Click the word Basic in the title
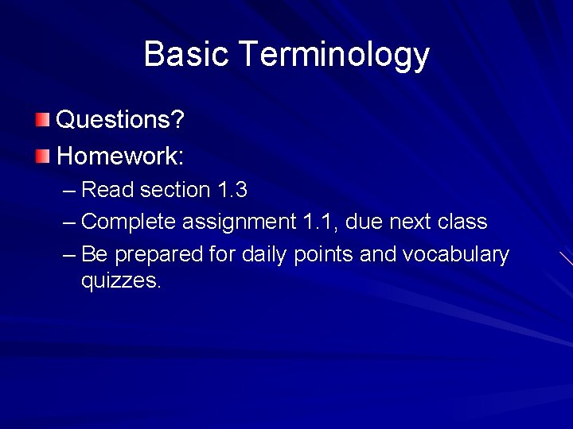pos(186,55)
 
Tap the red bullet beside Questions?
pos(42,120)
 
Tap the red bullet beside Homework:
pos(42,156)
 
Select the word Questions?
pos(120,120)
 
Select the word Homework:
pos(120,156)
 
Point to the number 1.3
pos(232,191)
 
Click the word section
pos(175,191)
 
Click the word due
pos(364,222)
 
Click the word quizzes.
pos(121,280)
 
